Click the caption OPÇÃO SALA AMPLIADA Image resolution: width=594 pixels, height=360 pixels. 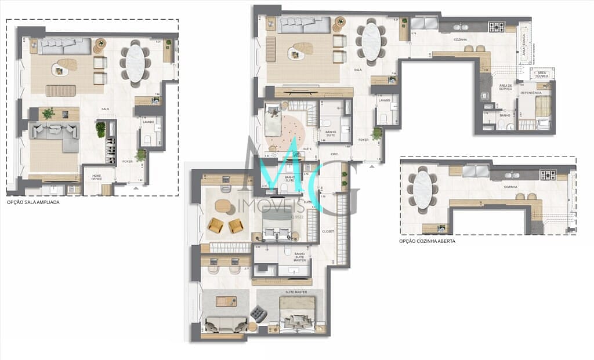click(33, 203)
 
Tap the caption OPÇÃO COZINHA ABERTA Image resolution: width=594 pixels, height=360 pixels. click(427, 241)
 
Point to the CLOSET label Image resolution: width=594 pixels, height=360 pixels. click(328, 231)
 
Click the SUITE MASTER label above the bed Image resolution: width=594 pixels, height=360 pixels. click(296, 292)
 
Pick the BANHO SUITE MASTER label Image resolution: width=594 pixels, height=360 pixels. click(300, 257)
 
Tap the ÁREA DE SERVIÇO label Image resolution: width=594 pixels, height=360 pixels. click(505, 88)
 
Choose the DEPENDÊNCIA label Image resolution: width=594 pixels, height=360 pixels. click(531, 93)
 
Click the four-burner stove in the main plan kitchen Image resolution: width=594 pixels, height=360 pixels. click(496, 27)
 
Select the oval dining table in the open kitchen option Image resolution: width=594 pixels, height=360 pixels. click(422, 190)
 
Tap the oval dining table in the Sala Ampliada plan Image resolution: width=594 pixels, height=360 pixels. click(135, 63)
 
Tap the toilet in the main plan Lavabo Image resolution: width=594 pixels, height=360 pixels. click(382, 119)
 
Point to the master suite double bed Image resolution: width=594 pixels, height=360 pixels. click(297, 313)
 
